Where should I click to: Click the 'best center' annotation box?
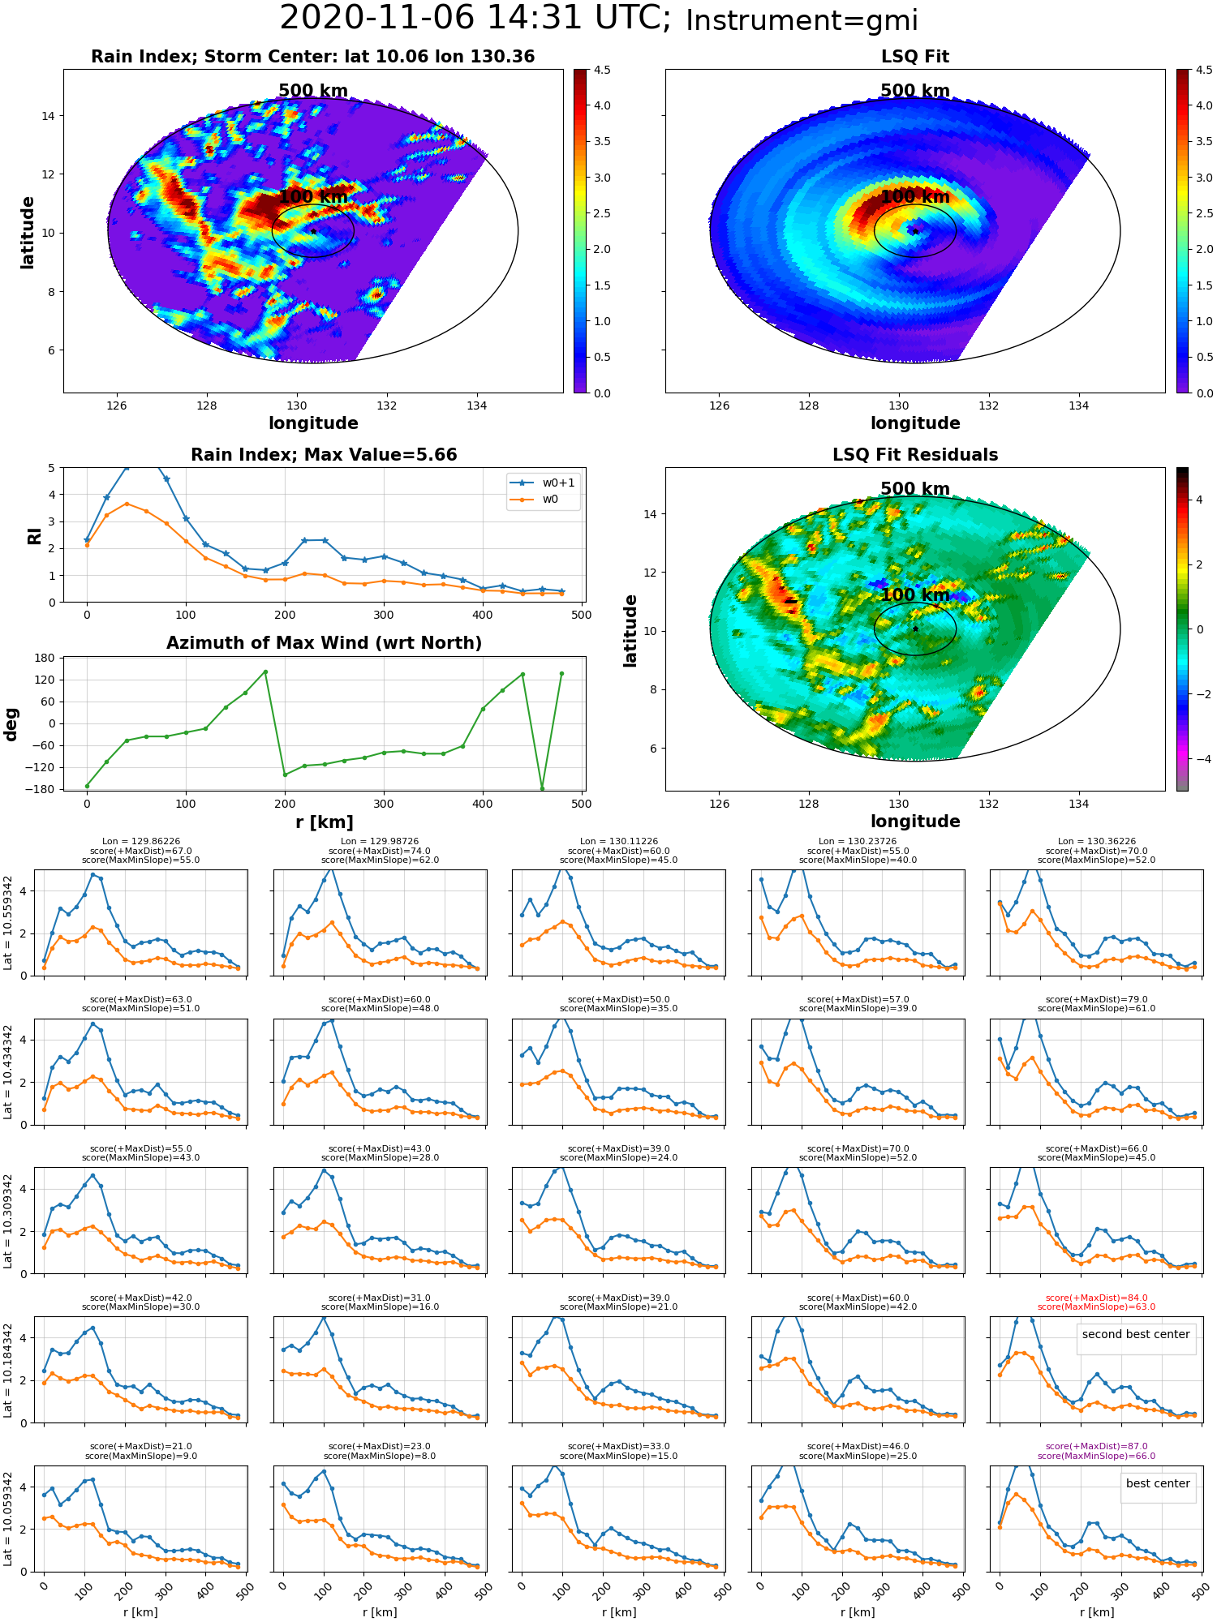coord(1158,1483)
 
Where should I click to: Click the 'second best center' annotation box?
coord(1136,1334)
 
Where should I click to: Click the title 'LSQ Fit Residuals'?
coord(915,455)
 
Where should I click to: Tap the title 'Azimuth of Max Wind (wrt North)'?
coord(324,643)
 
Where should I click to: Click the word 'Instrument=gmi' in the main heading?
coord(802,20)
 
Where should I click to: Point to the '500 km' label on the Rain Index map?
coord(313,91)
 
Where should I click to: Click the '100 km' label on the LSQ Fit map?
coord(915,197)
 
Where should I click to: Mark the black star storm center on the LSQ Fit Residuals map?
coord(915,629)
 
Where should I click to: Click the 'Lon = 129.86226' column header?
coord(141,842)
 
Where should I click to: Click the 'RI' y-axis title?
coord(34,536)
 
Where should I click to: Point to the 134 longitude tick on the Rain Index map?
coord(476,406)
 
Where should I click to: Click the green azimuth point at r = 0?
coord(87,786)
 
